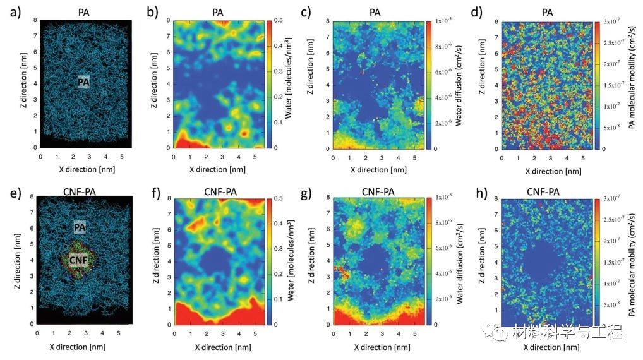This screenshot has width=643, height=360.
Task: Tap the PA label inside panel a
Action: coord(85,81)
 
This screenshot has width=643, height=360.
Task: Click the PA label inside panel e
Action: coord(80,227)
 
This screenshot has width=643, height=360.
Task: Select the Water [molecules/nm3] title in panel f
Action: coord(297,261)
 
